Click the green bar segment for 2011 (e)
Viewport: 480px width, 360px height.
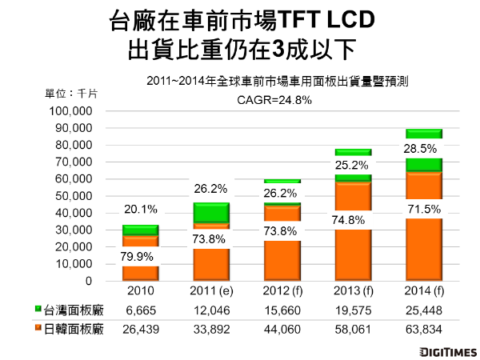click(210, 213)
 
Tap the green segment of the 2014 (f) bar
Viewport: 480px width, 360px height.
click(425, 164)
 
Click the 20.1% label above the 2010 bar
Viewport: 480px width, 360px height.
click(140, 210)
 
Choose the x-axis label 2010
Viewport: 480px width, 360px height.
click(140, 290)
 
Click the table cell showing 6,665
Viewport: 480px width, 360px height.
click(140, 309)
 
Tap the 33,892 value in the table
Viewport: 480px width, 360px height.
click(210, 327)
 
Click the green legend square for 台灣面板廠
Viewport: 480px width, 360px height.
click(39, 309)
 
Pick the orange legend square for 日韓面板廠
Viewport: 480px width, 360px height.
click(39, 327)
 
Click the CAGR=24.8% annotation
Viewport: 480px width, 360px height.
click(272, 99)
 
